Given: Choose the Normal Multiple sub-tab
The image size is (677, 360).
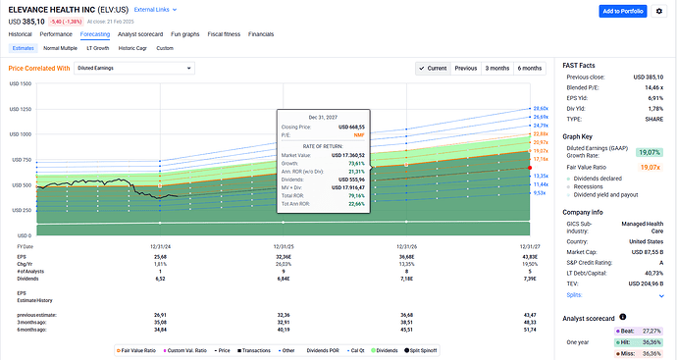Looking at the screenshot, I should coord(60,47).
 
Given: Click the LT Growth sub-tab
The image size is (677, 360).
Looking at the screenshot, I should coord(98,47).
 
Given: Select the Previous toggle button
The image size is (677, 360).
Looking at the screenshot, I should coord(465,68).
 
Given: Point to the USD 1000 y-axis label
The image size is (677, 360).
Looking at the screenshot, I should coord(19,133).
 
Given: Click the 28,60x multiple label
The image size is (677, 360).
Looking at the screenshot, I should coord(539,108).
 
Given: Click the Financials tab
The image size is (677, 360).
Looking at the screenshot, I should coord(261,34).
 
